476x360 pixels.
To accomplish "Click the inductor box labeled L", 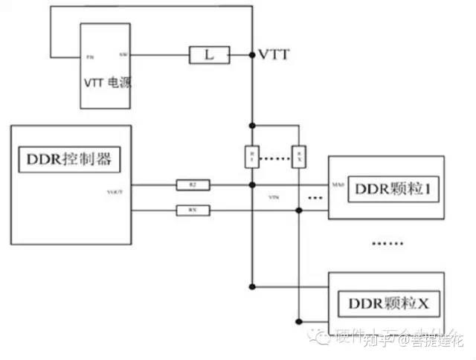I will pyautogui.click(x=208, y=54).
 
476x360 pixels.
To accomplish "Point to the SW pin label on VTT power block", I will pyautogui.click(x=123, y=55).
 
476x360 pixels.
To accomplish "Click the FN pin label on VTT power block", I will pyautogui.click(x=90, y=56).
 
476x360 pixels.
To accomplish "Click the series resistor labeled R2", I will pyautogui.click(x=192, y=184).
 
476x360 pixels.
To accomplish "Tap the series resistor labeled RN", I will pyautogui.click(x=192, y=210).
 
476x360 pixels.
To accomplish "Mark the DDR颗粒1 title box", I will pyautogui.click(x=386, y=190).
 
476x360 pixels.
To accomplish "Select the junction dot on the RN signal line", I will pyautogui.click(x=298, y=210).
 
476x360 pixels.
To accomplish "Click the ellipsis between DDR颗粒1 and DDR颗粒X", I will pyautogui.click(x=386, y=242).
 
